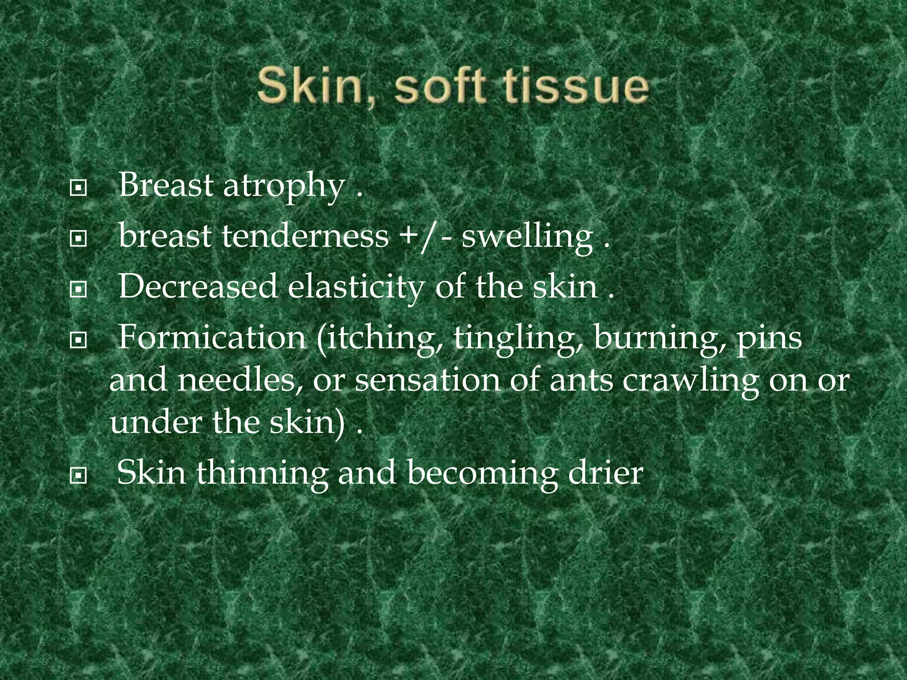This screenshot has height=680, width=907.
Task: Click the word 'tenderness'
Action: tap(305, 236)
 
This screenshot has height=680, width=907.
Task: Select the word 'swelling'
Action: tap(527, 237)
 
